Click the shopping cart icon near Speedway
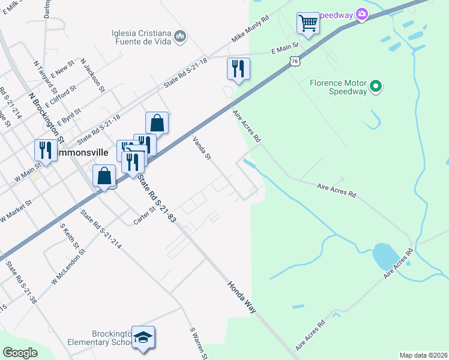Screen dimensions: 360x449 click(308, 24)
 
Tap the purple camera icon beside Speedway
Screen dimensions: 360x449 click(362, 14)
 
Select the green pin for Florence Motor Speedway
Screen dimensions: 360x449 click(376, 87)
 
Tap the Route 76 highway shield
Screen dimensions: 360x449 click(294, 61)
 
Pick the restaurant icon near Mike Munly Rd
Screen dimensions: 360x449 click(238, 69)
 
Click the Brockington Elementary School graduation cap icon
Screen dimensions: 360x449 click(143, 337)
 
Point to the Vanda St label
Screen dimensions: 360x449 click(202, 148)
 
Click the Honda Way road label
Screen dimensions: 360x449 click(242, 296)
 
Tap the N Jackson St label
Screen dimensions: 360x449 click(92, 78)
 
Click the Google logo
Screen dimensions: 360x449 click(20, 353)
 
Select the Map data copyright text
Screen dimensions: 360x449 click(423, 355)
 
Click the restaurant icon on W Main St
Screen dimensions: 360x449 click(46, 150)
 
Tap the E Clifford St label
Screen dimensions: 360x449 click(60, 95)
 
